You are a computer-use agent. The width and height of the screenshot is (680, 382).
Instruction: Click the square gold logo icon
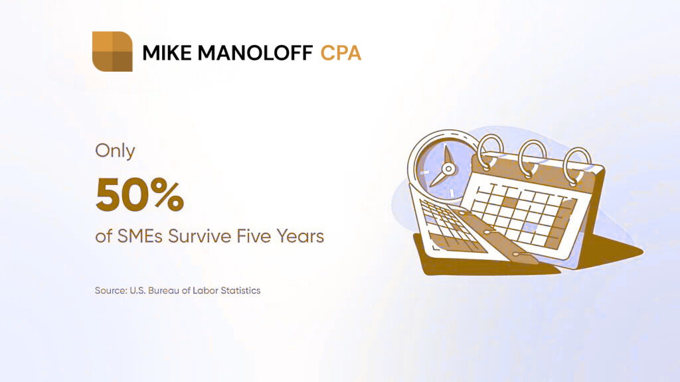coord(112,52)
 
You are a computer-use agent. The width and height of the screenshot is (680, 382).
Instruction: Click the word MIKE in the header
coord(167,53)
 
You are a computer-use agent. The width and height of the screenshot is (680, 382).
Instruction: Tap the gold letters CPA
coord(341,53)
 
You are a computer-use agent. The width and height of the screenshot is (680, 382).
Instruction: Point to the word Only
coord(115,151)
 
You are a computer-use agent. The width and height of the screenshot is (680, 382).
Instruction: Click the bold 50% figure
coord(139,194)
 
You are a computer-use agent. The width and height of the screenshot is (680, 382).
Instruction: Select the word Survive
coord(200,237)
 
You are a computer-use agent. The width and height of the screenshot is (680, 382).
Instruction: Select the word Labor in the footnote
coord(205,290)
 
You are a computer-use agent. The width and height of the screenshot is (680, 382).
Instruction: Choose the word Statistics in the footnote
coord(240,290)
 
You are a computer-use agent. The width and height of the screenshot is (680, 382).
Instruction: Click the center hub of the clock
coord(448,169)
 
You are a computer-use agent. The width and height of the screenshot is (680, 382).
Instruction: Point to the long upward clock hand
coord(447,155)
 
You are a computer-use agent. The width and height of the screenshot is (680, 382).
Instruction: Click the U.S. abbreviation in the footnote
coord(138,290)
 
